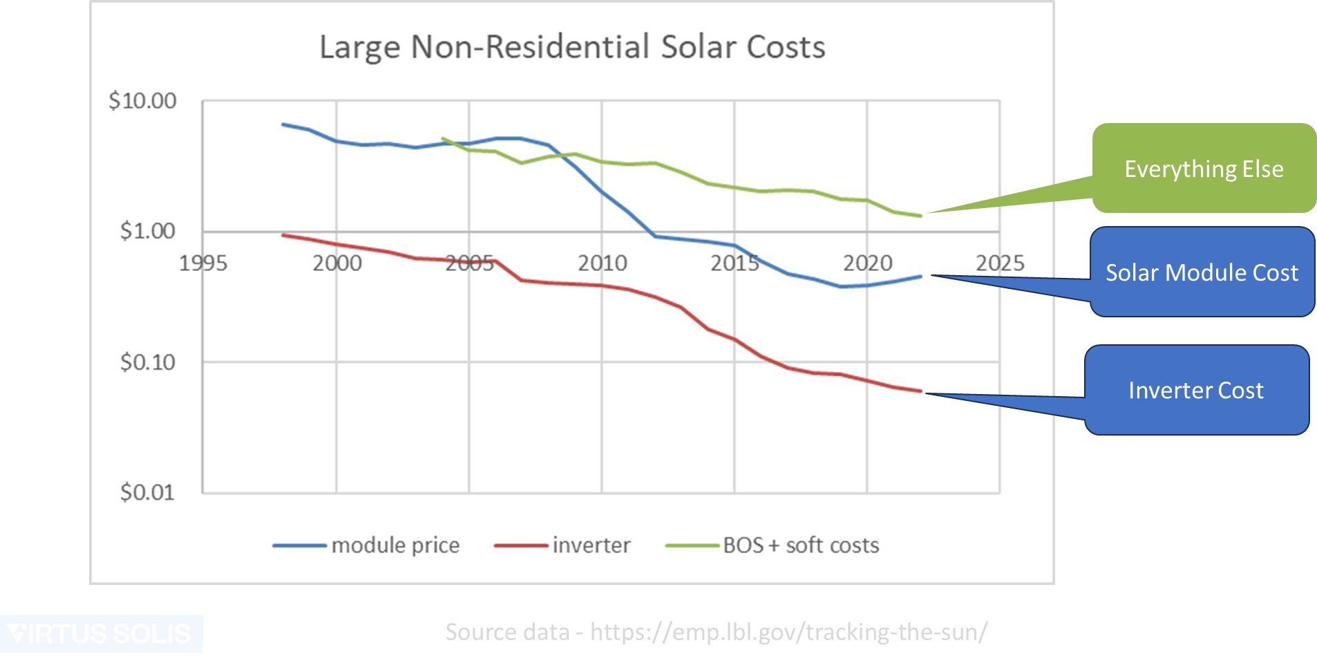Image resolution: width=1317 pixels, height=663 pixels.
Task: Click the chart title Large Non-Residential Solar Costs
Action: (572, 48)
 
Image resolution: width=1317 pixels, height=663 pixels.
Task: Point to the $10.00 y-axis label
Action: (142, 101)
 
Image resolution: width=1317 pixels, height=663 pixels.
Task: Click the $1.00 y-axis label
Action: (147, 231)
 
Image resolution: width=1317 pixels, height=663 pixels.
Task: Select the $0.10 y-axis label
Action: (147, 362)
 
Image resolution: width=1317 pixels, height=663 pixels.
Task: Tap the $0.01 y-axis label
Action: (147, 492)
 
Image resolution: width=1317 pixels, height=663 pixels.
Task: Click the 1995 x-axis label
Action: (203, 263)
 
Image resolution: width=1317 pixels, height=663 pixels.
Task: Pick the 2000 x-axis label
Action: (337, 263)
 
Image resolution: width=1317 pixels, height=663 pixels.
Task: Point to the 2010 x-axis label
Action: (602, 263)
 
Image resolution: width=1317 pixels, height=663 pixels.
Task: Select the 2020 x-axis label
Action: (867, 263)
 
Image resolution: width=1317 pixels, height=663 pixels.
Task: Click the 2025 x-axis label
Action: (1000, 263)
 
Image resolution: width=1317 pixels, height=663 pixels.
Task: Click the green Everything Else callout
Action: (1203, 169)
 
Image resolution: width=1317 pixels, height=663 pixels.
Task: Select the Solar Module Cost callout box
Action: (1202, 272)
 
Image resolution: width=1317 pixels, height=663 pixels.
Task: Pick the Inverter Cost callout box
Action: (1195, 391)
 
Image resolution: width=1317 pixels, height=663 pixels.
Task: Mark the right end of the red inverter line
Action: (921, 391)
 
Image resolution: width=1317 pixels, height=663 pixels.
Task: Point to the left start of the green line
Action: (442, 138)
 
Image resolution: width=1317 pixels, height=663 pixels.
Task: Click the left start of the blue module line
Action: (283, 124)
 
